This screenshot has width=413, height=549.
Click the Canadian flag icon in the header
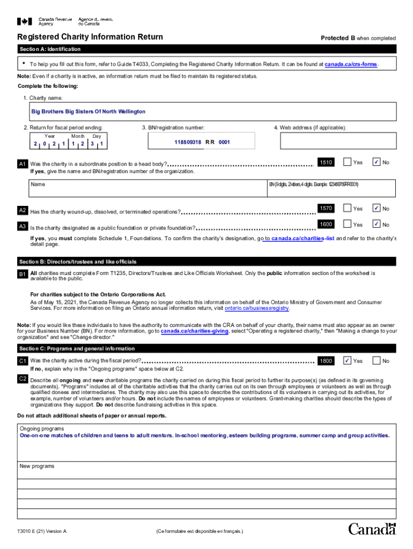point(25,21)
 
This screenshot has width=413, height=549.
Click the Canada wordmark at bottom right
point(372,529)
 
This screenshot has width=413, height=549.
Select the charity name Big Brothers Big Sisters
point(88,112)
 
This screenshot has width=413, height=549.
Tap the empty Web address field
point(338,142)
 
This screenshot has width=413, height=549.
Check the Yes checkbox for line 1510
point(347,162)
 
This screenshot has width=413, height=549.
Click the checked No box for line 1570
point(377,208)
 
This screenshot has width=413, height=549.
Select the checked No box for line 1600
point(377,224)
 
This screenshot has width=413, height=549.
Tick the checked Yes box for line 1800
point(347,361)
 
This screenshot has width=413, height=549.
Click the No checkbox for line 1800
point(377,361)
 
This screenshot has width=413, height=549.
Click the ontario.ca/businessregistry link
point(257,308)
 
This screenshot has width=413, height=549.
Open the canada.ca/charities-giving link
point(195,331)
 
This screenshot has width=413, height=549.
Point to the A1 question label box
point(23,164)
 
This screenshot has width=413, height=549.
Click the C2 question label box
point(23,379)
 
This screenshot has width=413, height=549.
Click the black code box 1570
point(326,208)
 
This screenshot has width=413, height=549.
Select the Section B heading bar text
point(78,262)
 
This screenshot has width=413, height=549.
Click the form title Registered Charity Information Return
point(90,38)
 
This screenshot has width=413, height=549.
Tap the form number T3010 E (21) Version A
point(42,531)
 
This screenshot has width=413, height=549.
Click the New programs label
point(37,466)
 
